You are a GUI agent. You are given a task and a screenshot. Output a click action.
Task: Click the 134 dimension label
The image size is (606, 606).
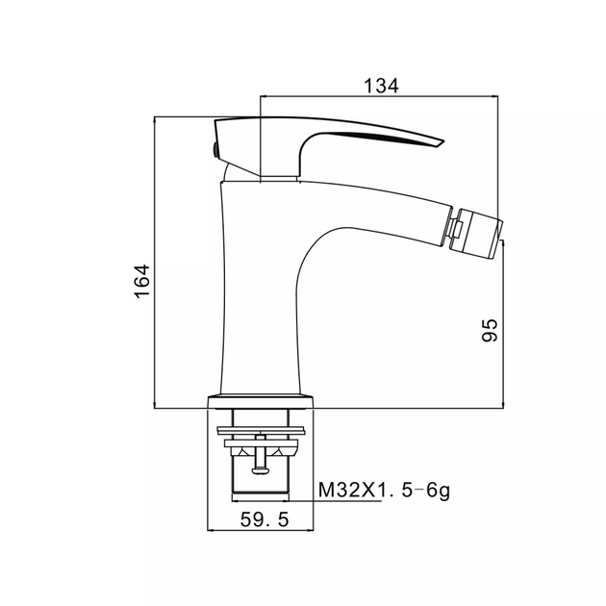[x=381, y=86]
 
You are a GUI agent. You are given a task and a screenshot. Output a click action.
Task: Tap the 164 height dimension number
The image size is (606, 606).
[x=141, y=281]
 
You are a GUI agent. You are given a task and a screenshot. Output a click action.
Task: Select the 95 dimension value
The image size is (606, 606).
[x=490, y=330]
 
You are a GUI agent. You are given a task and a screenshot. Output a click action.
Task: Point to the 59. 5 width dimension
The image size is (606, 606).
[x=265, y=519]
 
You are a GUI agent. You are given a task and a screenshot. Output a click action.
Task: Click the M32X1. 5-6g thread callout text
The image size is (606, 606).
[x=384, y=491]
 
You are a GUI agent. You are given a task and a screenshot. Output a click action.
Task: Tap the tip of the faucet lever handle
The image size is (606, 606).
[x=442, y=143]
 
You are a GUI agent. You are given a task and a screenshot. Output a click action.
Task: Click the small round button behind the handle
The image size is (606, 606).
[x=214, y=149]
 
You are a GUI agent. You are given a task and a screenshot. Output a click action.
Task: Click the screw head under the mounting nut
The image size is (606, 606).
[x=260, y=470]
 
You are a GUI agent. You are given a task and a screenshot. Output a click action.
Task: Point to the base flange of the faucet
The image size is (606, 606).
[x=261, y=402]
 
